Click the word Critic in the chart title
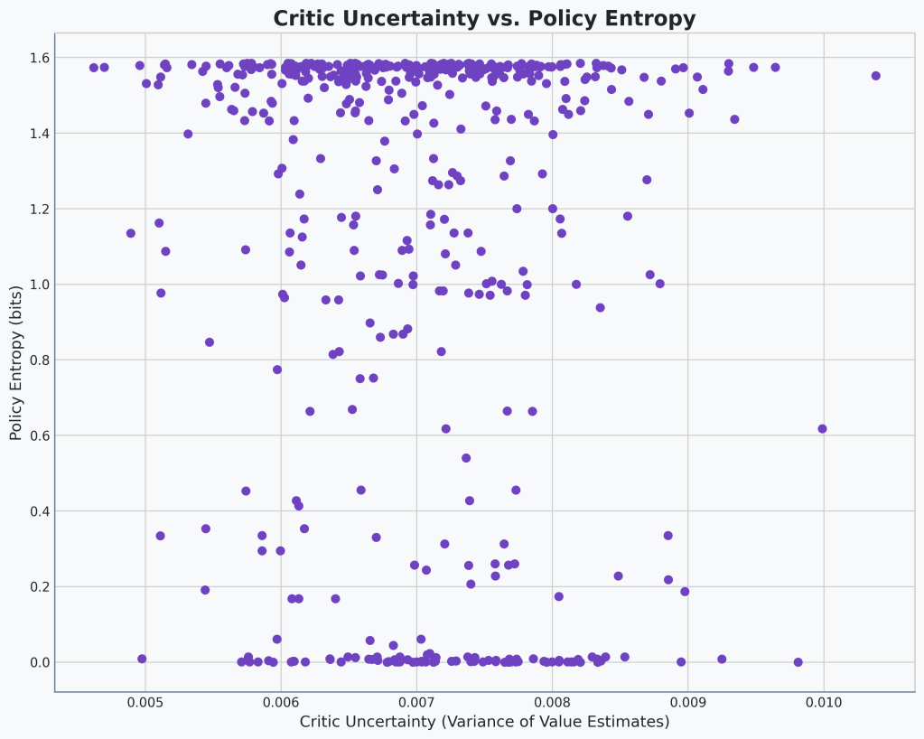308,19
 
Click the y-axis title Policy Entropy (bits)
16,362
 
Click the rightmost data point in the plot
875,76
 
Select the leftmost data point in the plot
94,68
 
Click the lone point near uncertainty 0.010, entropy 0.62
822,429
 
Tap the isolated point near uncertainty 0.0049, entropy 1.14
131,233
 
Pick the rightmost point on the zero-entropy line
798,662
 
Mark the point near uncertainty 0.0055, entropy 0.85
210,342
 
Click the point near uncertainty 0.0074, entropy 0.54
466,458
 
